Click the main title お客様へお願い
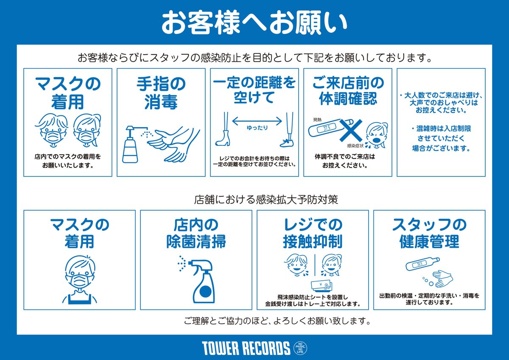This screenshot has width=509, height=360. tap(255, 23)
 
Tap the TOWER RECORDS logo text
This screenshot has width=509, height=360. tap(246, 348)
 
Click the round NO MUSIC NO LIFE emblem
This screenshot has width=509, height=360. tap(301, 348)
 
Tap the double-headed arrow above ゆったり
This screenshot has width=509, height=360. tap(257, 120)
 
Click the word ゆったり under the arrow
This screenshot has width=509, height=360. tap(257, 128)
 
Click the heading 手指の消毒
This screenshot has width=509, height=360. tap(161, 93)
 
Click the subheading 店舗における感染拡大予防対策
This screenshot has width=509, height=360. tap(266, 199)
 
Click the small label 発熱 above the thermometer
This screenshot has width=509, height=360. tap(318, 120)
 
